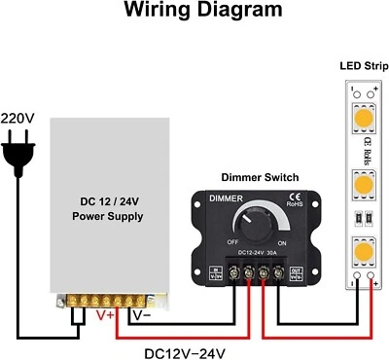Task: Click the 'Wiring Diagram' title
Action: [x=195, y=13]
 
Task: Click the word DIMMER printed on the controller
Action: [x=223, y=198]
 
